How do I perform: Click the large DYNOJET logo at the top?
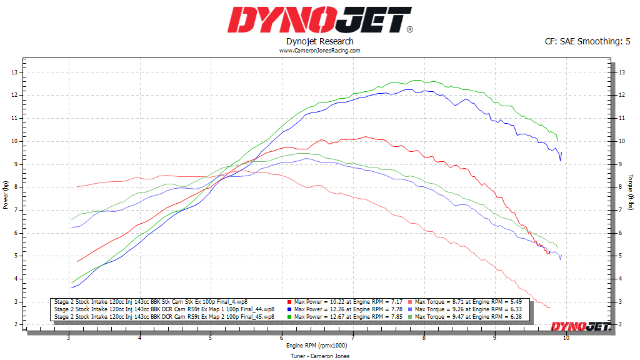(319, 20)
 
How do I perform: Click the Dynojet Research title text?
(319, 41)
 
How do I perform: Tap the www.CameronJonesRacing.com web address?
(319, 51)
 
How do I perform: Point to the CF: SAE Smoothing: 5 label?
(587, 41)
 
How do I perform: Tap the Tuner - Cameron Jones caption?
(319, 356)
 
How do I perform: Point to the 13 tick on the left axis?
(14, 72)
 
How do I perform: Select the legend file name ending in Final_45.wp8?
(164, 317)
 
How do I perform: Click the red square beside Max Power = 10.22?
(291, 302)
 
